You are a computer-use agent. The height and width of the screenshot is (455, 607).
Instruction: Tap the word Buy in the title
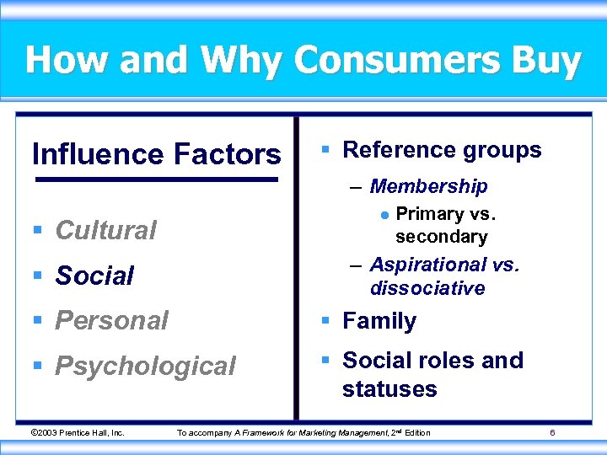[547, 61]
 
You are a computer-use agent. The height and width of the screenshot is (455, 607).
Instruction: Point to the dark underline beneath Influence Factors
[156, 179]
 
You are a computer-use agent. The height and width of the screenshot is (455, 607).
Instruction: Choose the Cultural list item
[106, 230]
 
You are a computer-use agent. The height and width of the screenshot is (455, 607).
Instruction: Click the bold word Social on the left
[94, 276]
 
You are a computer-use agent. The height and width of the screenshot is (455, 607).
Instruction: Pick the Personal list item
[112, 320]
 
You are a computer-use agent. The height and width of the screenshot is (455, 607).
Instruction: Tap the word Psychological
[145, 366]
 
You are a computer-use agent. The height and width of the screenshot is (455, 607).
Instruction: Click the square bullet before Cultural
[40, 230]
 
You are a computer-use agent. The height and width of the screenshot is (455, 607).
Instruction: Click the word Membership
[428, 185]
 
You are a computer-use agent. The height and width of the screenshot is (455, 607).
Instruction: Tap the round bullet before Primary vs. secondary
[384, 215]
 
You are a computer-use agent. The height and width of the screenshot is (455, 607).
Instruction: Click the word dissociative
[427, 288]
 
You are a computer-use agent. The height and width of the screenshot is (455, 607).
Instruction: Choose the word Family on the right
[379, 321]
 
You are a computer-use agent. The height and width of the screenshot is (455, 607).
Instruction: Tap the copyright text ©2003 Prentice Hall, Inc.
[77, 433]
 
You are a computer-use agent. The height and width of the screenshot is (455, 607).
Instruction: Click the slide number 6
[551, 433]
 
